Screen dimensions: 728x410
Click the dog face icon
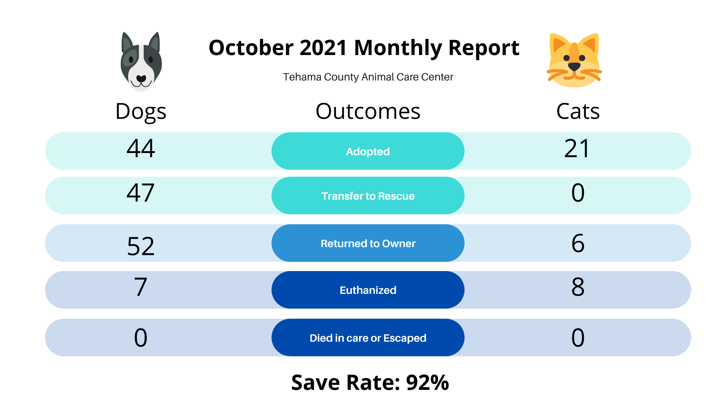141,61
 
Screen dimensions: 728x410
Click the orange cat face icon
574,60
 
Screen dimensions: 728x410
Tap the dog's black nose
141,79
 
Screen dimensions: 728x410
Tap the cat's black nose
574,66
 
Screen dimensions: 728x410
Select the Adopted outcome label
368,151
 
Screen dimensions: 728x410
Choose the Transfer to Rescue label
368,196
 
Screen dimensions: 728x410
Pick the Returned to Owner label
368,243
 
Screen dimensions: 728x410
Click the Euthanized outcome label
368,290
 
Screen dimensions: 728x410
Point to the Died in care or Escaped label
368,338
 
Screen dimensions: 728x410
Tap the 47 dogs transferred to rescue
141,192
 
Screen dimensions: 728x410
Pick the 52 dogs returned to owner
141,246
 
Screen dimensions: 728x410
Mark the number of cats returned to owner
578,243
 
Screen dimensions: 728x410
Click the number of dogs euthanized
141,287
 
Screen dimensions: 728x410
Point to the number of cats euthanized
578,287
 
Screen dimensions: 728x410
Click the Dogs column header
141,112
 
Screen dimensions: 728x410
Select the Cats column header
578,111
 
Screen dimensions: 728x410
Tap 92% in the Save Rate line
427,382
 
